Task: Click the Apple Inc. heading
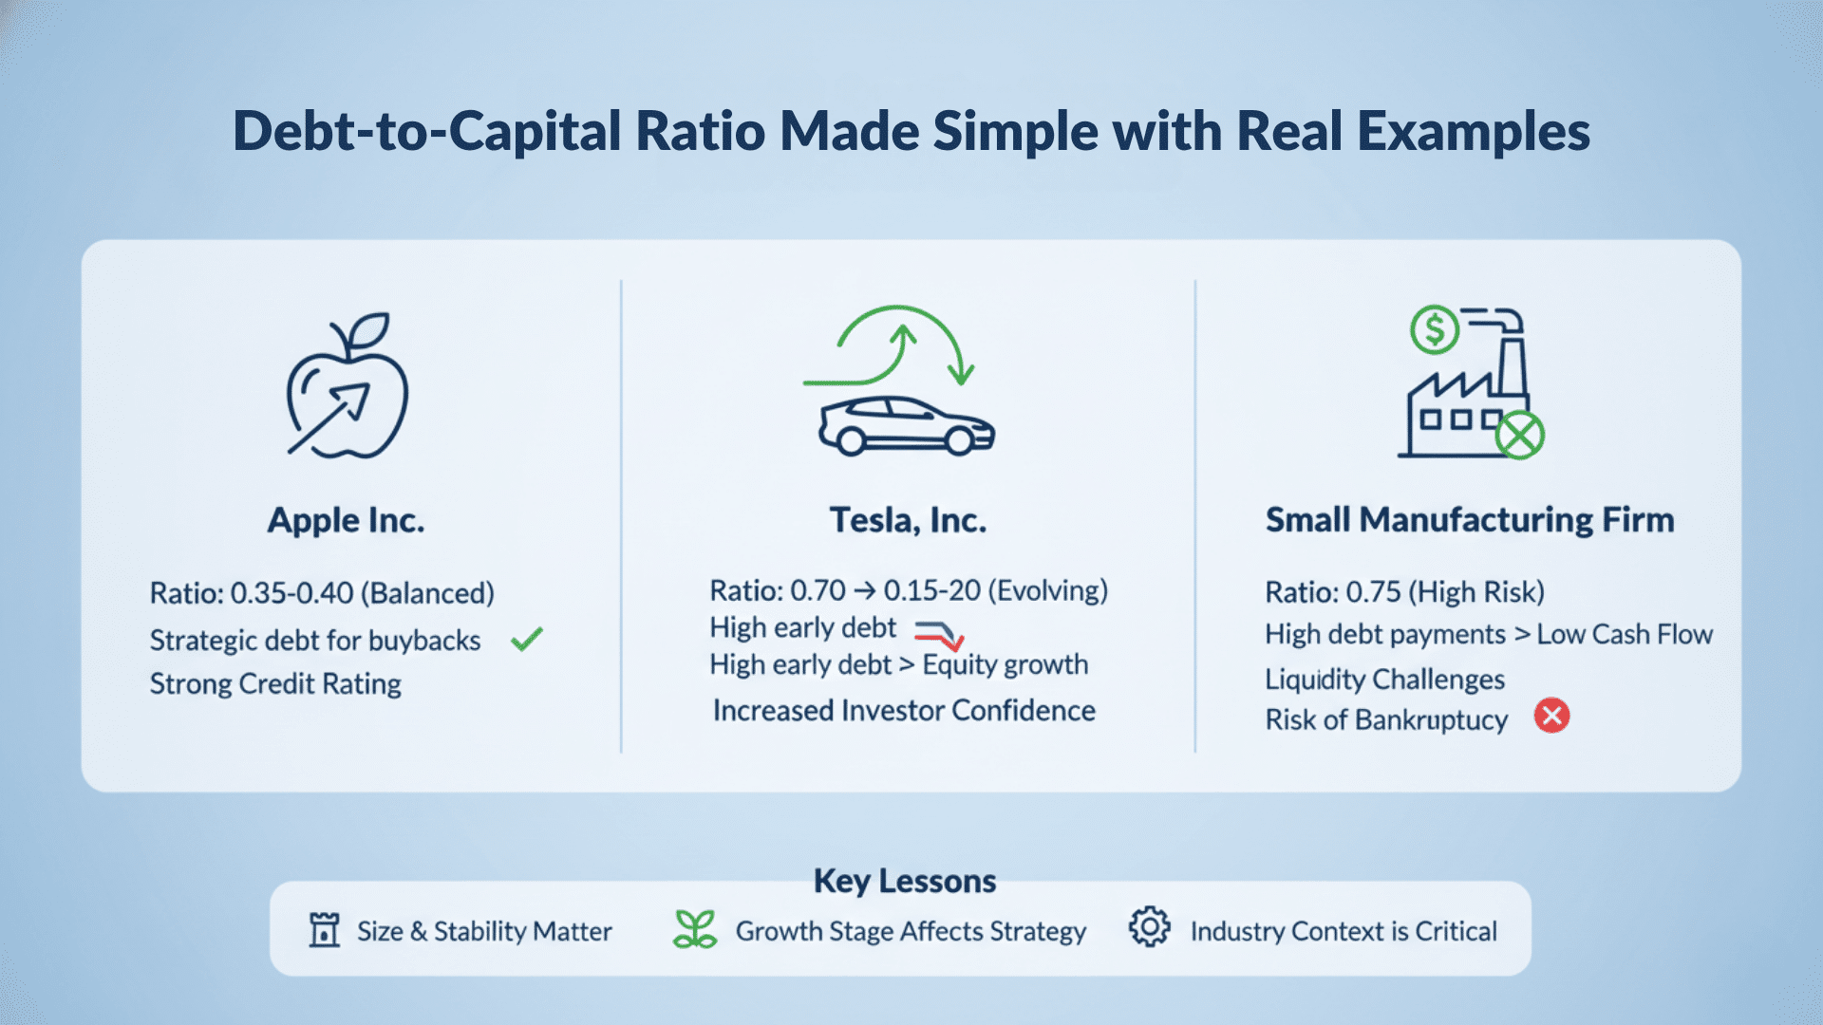click(346, 520)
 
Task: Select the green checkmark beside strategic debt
click(526, 640)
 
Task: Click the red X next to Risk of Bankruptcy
click(1551, 716)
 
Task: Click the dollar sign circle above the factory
click(1434, 329)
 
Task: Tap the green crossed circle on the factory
click(1519, 436)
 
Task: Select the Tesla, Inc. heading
click(908, 520)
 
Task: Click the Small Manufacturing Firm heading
click(1469, 520)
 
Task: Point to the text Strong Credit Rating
click(275, 684)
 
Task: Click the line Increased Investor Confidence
click(904, 711)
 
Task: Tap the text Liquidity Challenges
click(1384, 680)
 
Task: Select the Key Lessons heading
click(904, 881)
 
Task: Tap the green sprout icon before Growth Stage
click(695, 929)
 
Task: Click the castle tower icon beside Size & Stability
click(324, 929)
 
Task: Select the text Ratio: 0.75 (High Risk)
click(1404, 592)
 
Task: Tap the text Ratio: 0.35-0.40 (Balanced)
click(322, 593)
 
